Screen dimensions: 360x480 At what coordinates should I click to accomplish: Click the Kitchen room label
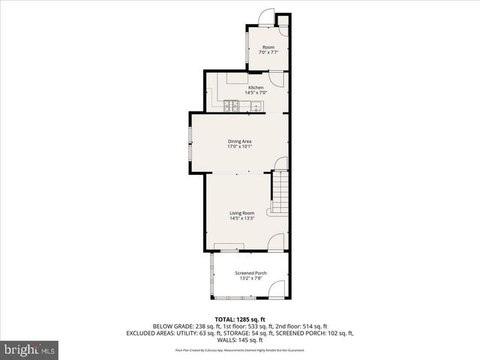pos(256,87)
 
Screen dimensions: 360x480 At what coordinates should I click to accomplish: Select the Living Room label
pos(241,213)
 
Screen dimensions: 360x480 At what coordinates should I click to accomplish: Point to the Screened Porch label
pos(250,273)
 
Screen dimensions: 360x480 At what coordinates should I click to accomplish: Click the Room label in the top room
pos(268,47)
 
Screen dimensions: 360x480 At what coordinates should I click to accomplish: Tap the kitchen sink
pos(256,104)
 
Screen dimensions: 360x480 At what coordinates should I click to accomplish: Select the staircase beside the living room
pos(280,193)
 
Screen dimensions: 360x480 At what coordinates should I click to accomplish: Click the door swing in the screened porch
pos(277,289)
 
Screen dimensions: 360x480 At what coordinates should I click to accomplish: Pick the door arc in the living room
pos(276,242)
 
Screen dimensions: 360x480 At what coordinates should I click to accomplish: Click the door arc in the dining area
pos(280,163)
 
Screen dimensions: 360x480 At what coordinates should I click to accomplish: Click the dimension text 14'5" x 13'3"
pos(241,218)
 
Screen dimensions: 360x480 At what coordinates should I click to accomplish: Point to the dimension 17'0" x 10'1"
pos(239,146)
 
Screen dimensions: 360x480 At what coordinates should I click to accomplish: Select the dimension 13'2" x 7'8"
pos(250,278)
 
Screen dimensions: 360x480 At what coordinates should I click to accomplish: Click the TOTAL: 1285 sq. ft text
pos(240,319)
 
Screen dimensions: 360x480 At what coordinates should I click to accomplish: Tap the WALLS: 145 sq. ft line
pos(240,340)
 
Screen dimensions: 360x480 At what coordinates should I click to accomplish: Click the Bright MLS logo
pos(30,350)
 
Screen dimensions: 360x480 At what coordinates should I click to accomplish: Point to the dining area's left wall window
pos(190,144)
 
